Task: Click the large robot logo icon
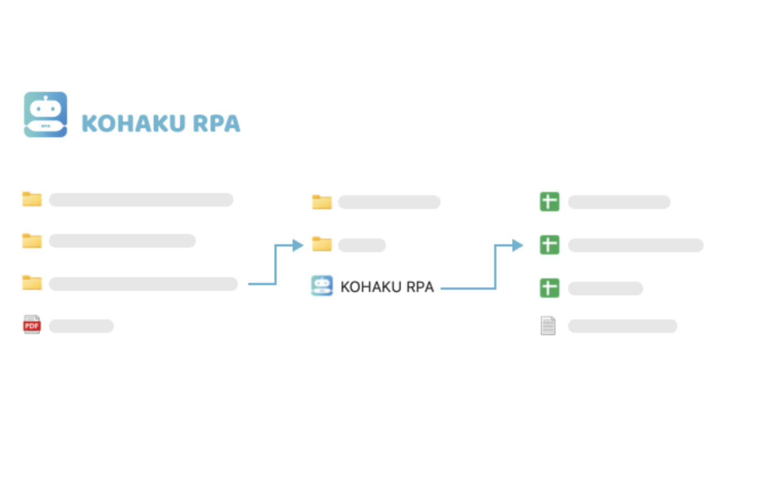(x=46, y=114)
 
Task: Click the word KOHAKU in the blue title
(x=133, y=123)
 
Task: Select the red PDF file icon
(x=32, y=325)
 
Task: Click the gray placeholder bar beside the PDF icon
(x=81, y=326)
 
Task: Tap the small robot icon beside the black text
(x=322, y=286)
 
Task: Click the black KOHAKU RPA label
(x=387, y=287)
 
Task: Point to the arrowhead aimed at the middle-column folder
(x=298, y=245)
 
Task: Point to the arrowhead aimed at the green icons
(x=517, y=245)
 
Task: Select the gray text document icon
(x=548, y=325)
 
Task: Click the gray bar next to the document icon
(x=622, y=326)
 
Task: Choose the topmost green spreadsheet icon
(x=549, y=201)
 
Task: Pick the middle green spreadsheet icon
(x=549, y=245)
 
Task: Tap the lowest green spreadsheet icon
(x=549, y=288)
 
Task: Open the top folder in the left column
(x=32, y=199)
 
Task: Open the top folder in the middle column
(x=322, y=202)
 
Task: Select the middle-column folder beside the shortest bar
(x=322, y=244)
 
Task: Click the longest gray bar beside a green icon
(x=635, y=245)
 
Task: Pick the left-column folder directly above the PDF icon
(x=32, y=283)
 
